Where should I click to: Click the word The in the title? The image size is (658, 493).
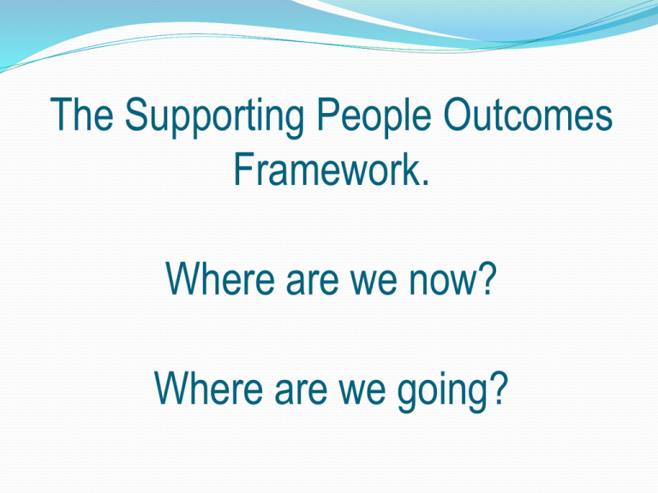pyautogui.click(x=82, y=114)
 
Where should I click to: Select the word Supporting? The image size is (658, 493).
pyautogui.click(x=214, y=117)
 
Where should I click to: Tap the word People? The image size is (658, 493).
pyautogui.click(x=374, y=117)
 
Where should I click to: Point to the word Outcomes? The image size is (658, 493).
pyautogui.click(x=528, y=114)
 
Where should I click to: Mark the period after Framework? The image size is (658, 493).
pyautogui.click(x=426, y=182)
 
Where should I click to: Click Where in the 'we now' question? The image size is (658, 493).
pyautogui.click(x=220, y=278)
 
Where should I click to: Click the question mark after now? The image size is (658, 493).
pyautogui.click(x=487, y=278)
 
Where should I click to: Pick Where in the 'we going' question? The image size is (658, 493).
pyautogui.click(x=208, y=388)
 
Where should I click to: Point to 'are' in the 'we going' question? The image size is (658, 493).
pyautogui.click(x=301, y=392)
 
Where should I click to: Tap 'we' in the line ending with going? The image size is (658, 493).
pyautogui.click(x=362, y=392)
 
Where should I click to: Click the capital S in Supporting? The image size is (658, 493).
pyautogui.click(x=137, y=114)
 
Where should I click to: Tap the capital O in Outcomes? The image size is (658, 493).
pyautogui.click(x=458, y=114)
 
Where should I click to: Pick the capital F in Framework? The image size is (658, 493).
pyautogui.click(x=244, y=169)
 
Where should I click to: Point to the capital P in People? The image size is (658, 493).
pyautogui.click(x=328, y=114)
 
